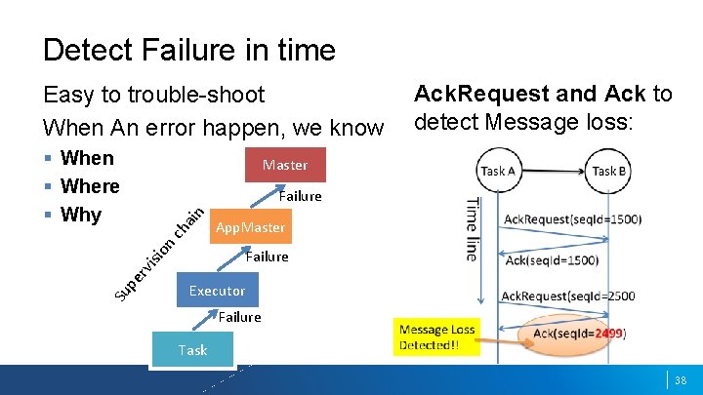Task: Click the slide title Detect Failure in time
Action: click(188, 50)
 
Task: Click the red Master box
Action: click(284, 165)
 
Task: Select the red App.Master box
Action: click(250, 227)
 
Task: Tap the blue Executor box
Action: click(217, 291)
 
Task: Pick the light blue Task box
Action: click(192, 349)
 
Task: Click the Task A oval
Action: click(500, 171)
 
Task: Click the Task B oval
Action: click(609, 171)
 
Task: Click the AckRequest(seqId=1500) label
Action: click(572, 218)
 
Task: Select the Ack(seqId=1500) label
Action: click(552, 259)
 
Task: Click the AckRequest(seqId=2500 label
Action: click(568, 296)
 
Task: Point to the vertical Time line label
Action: click(472, 228)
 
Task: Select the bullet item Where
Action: click(90, 185)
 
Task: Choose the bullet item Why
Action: click(81, 214)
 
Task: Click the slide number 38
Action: click(682, 379)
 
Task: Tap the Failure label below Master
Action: click(300, 196)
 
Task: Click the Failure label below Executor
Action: click(239, 316)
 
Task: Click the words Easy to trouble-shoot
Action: click(153, 95)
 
